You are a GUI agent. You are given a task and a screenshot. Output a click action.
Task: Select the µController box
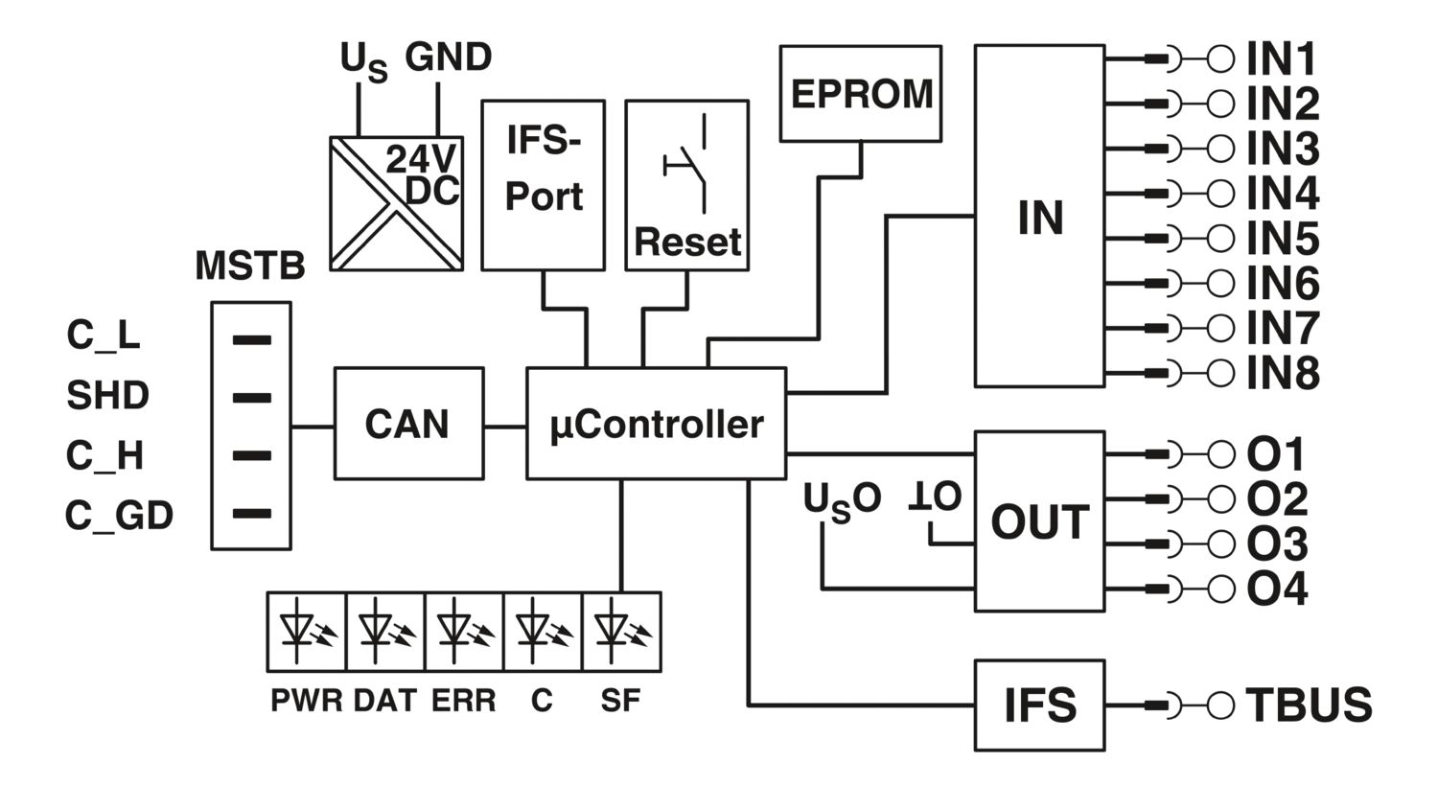pos(657,423)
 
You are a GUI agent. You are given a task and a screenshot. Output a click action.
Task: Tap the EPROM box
pos(861,94)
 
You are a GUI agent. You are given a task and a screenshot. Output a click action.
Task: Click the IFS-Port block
pos(543,184)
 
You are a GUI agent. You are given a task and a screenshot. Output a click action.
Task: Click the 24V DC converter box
pos(396,202)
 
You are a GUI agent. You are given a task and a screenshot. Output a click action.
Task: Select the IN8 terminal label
pos(1283,373)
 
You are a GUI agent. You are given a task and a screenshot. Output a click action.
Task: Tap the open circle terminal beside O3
pos(1220,543)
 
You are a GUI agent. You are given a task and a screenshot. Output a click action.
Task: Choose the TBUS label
pos(1309,705)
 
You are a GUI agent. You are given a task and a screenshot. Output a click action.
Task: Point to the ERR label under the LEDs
pos(464,701)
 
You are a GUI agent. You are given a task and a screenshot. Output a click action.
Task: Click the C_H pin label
pos(104,456)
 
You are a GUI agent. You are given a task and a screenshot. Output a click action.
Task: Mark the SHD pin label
pos(107,396)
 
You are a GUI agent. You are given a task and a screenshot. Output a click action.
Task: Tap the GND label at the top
pos(448,58)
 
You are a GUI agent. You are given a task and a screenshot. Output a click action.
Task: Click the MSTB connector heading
pos(249,266)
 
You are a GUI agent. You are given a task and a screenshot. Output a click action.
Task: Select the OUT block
pos(1039,521)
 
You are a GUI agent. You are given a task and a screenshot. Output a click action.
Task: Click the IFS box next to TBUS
pos(1039,705)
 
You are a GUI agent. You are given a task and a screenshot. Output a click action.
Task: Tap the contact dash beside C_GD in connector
pos(252,514)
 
